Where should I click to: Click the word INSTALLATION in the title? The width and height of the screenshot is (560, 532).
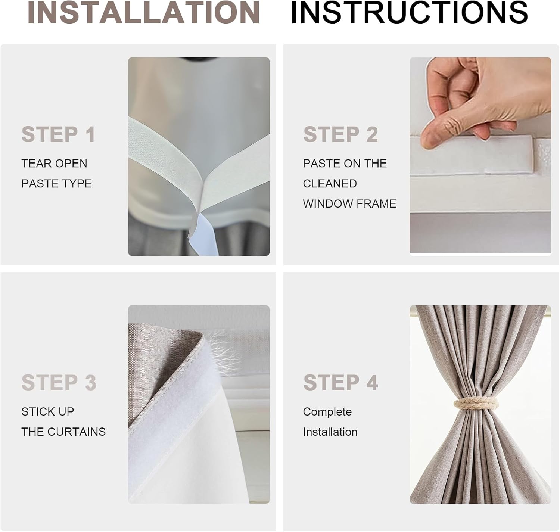click(143, 13)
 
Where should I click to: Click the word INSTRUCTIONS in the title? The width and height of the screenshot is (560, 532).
click(409, 13)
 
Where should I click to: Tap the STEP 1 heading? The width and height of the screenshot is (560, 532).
click(58, 134)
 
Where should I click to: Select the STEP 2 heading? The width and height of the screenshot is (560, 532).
click(340, 134)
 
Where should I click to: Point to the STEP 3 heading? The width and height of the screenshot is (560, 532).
click(59, 383)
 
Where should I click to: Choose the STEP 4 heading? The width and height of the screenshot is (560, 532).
click(340, 383)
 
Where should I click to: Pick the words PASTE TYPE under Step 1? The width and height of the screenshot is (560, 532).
click(56, 184)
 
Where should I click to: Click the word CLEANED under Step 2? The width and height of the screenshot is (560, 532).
click(330, 184)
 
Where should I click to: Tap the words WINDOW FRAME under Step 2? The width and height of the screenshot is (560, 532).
click(349, 204)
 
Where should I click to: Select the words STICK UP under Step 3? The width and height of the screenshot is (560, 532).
click(48, 412)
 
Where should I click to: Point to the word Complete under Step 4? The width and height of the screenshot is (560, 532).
click(327, 412)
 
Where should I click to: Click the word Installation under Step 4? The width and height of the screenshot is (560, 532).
click(330, 432)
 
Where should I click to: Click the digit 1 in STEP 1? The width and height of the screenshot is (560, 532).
click(90, 134)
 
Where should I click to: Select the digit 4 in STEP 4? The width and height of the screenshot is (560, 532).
click(372, 383)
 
